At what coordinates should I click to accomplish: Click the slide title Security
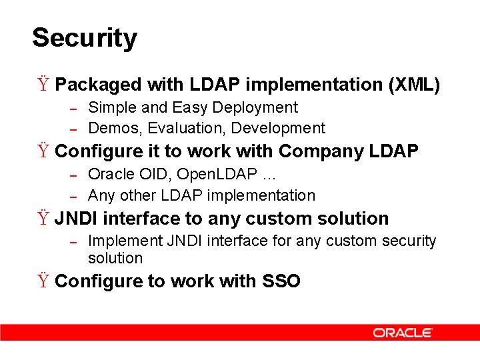(84, 38)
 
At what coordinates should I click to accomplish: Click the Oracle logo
(403, 333)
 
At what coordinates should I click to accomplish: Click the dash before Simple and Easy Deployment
(75, 108)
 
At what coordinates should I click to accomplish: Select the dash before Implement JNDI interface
(75, 241)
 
